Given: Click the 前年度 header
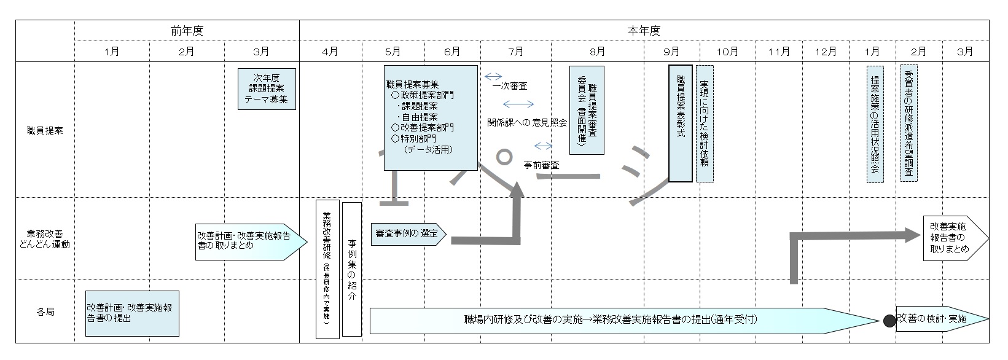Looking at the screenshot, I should [187, 30].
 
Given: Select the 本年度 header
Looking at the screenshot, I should [643, 30].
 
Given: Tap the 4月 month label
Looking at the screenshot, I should [330, 52].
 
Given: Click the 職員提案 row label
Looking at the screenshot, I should [45, 130].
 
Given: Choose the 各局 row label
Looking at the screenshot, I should [45, 312].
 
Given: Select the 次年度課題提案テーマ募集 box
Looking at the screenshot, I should [266, 88].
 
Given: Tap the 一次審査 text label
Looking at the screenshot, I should [510, 87].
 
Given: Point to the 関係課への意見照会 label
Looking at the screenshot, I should [526, 122].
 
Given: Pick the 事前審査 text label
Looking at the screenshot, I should [541, 165].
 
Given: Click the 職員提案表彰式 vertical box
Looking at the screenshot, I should [680, 123].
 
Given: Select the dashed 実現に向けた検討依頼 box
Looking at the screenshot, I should [705, 123].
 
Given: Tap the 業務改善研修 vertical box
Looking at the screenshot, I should [327, 269].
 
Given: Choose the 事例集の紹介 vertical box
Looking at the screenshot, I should [351, 269].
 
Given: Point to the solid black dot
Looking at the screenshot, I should [888, 321].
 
